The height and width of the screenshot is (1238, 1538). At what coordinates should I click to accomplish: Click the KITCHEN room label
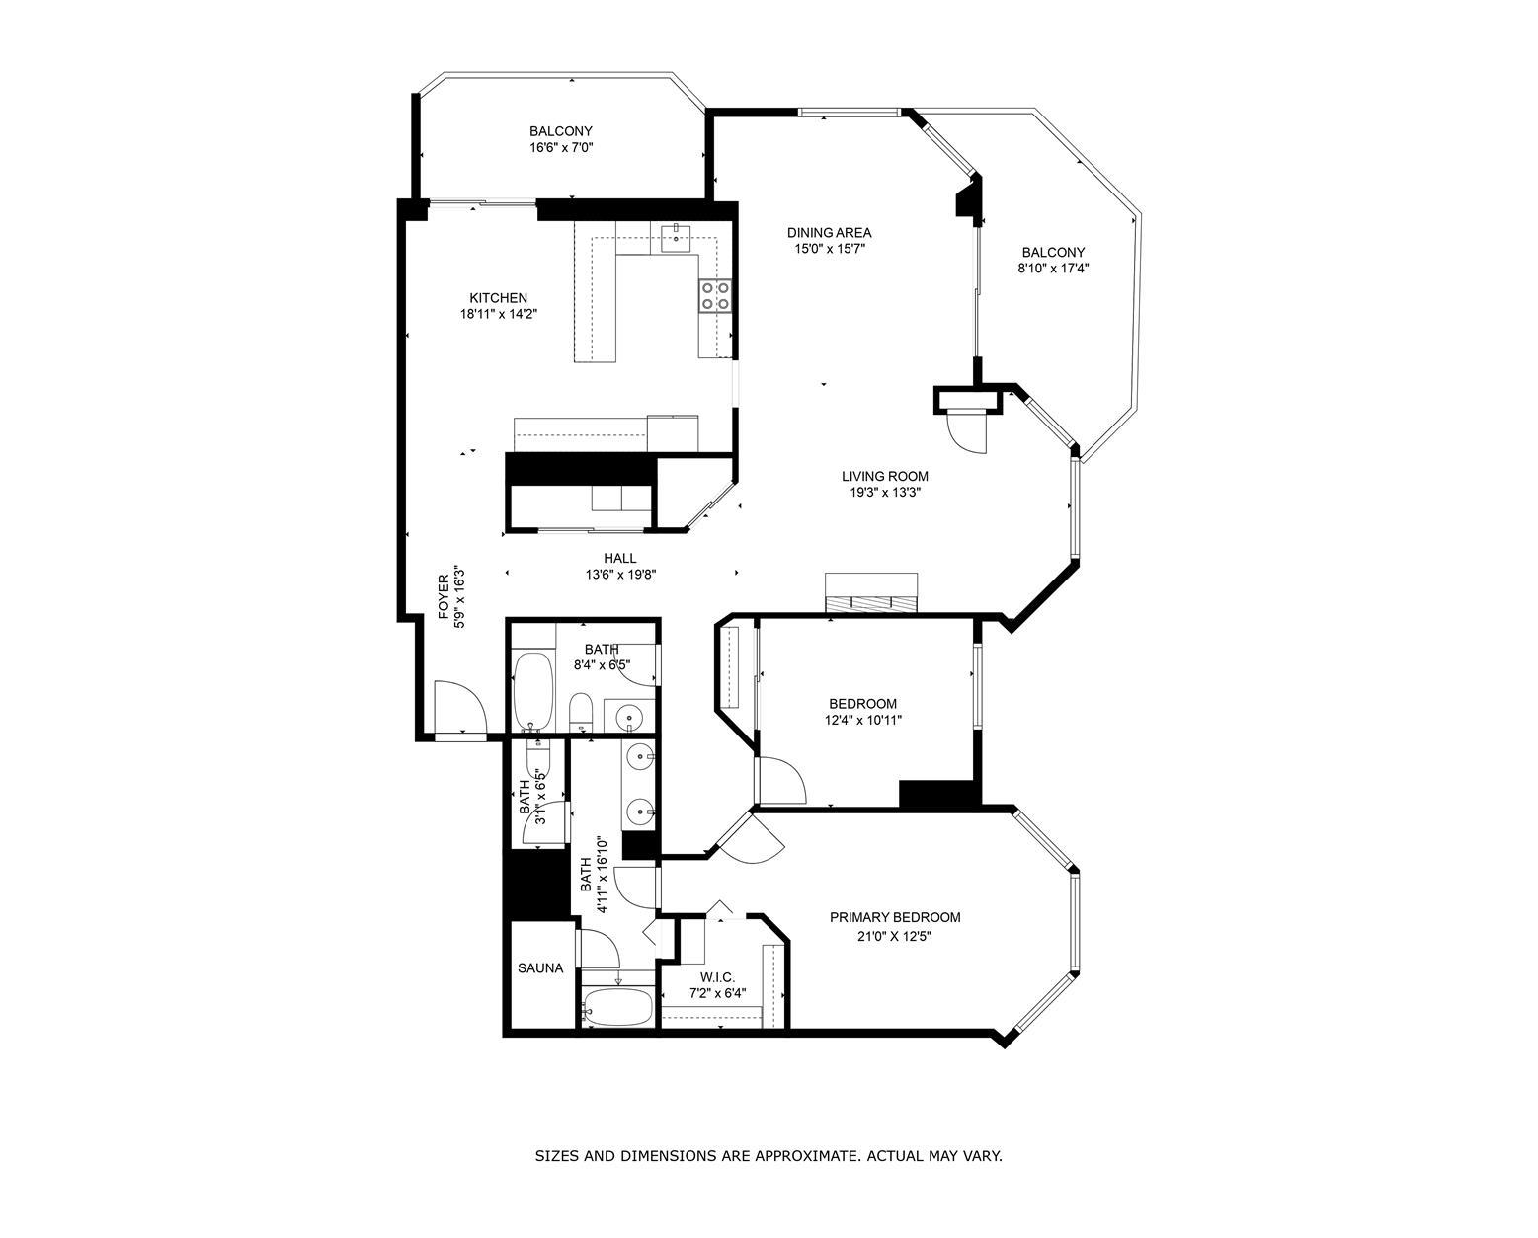click(498, 298)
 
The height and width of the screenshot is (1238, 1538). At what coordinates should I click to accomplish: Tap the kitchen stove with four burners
click(715, 296)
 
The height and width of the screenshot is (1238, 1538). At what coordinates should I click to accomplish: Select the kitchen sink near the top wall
click(675, 238)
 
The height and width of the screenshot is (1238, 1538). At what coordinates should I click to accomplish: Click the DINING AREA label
click(829, 232)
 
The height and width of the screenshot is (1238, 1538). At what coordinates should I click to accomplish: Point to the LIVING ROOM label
click(885, 476)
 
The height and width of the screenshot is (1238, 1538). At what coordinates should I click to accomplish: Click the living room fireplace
click(870, 593)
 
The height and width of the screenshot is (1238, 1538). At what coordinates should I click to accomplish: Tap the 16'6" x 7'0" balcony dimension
click(561, 148)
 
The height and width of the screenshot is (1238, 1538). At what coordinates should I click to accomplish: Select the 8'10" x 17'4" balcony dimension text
click(1053, 269)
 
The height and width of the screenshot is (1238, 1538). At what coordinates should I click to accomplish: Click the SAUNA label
click(540, 967)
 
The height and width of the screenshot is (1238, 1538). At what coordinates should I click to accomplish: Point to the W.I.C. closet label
click(717, 977)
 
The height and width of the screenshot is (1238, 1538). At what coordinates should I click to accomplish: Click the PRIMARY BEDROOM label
click(895, 917)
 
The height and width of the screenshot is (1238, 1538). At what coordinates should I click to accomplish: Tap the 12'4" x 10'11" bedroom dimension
click(862, 720)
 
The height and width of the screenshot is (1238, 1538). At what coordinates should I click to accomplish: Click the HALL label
click(619, 558)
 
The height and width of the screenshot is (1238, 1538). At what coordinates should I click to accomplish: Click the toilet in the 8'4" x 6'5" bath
click(580, 712)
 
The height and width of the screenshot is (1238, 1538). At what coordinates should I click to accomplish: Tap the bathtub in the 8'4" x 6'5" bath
click(533, 691)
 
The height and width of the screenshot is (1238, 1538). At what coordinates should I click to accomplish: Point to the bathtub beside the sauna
click(616, 1006)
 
